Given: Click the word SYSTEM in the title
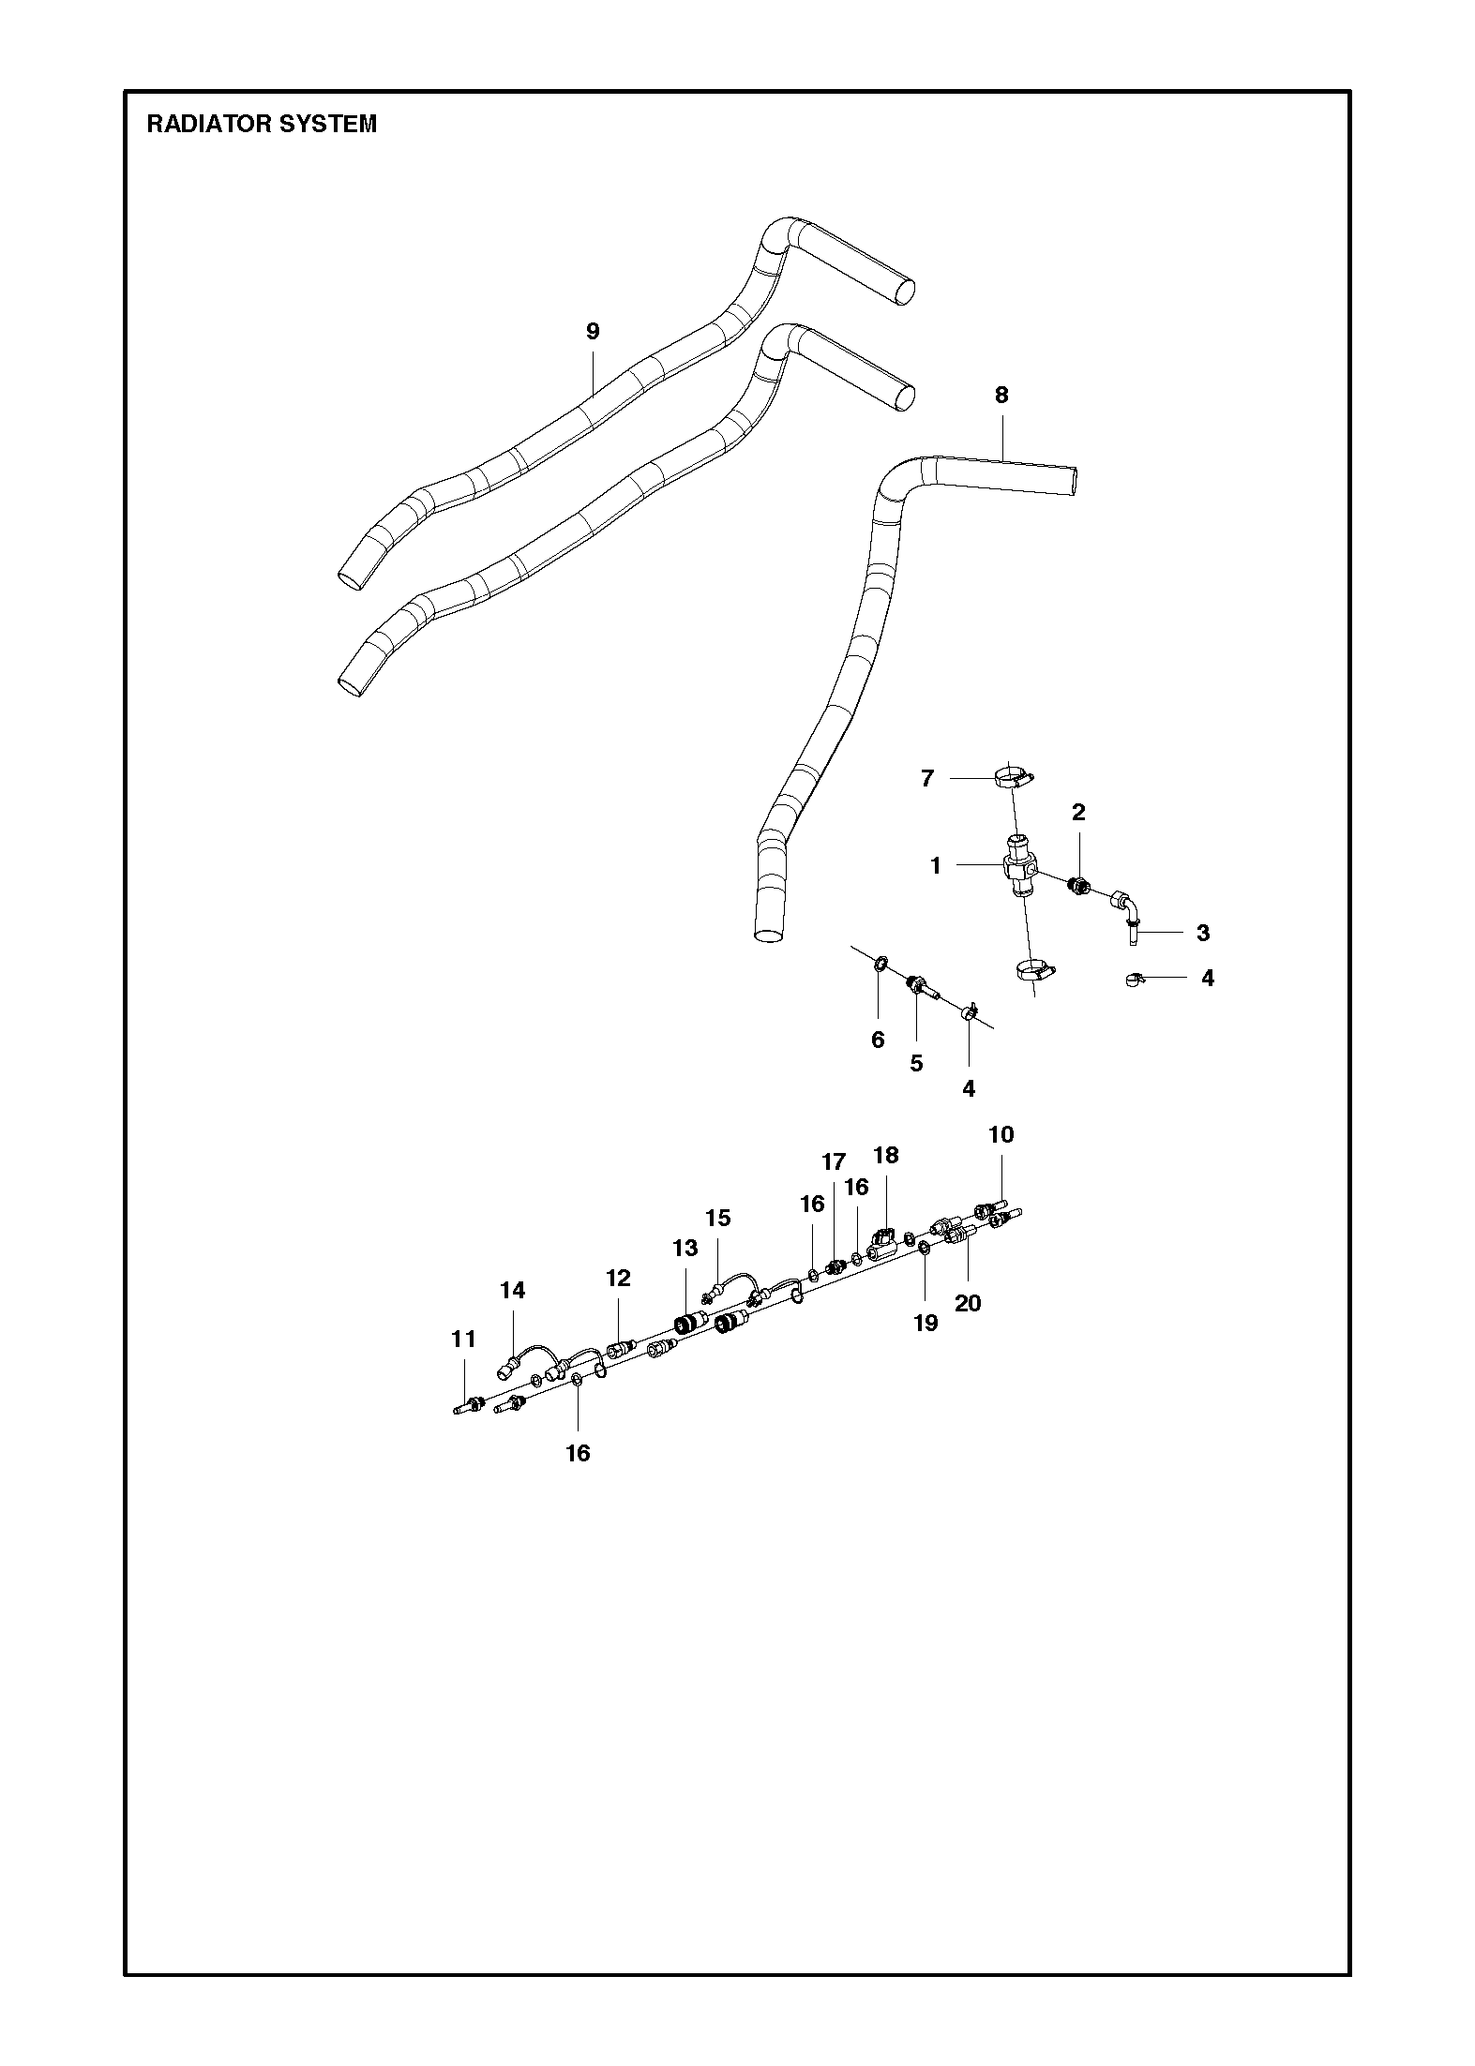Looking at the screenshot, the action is click(x=333, y=124).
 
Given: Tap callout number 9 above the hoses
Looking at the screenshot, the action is click(x=593, y=331).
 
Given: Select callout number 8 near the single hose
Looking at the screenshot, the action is click(x=1001, y=395).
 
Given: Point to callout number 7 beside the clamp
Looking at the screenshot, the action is click(x=927, y=778).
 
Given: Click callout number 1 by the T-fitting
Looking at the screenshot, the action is click(x=935, y=866).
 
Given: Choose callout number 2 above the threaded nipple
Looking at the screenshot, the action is click(x=1078, y=812).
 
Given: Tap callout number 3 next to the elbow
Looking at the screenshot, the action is click(x=1203, y=933).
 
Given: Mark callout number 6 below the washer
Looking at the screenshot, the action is click(x=878, y=1040).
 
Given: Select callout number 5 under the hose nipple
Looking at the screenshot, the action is click(x=916, y=1063).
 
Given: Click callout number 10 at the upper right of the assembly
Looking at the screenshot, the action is click(x=1001, y=1134).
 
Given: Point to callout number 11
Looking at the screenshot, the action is click(x=464, y=1340).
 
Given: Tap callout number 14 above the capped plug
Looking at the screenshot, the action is click(x=512, y=1290).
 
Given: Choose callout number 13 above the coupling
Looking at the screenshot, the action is click(x=685, y=1248).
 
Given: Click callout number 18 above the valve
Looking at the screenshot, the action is click(x=886, y=1155).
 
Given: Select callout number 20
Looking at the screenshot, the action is click(x=968, y=1302).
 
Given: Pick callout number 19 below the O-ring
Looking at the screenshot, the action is click(x=926, y=1323).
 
